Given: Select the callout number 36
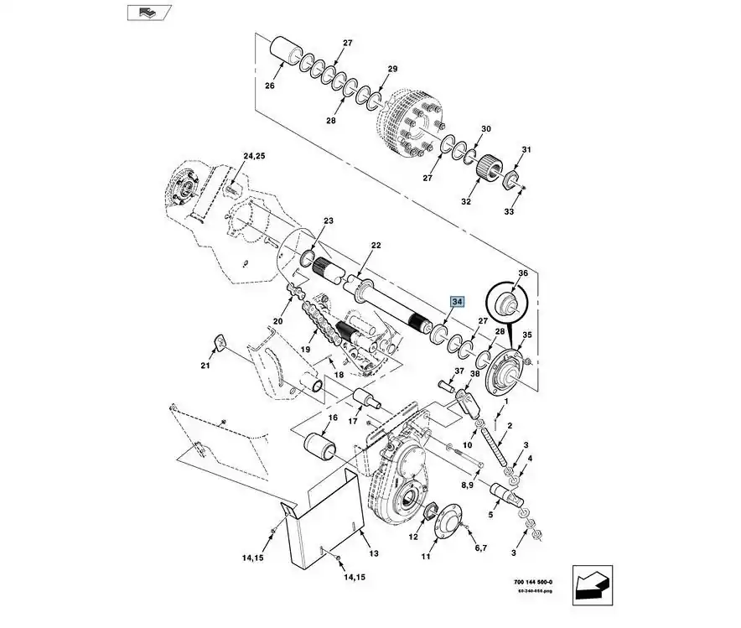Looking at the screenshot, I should point(522,273).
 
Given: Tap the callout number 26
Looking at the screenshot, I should point(270,86).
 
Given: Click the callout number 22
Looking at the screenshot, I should point(376,245).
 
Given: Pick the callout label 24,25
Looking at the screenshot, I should point(254,157).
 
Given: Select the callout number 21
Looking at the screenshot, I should point(206,366).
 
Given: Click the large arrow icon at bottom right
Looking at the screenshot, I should point(593,584).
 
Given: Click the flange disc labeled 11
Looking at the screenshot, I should point(451,522).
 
